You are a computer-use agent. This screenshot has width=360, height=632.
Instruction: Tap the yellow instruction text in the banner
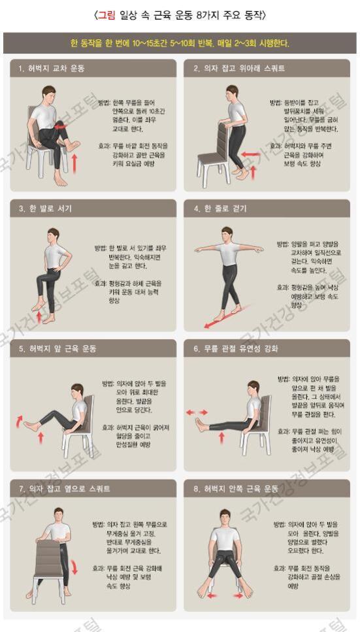180,44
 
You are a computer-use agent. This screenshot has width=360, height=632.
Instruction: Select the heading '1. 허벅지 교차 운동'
52,68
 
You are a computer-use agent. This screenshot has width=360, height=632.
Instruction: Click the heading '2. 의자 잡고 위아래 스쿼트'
235,68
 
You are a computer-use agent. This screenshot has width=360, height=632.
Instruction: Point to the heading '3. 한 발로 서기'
46,208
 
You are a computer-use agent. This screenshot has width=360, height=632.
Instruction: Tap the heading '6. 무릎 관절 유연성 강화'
236,348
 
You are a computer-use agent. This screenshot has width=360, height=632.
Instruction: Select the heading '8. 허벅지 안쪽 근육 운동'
236,488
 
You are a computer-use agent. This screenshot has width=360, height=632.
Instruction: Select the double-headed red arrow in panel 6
197,412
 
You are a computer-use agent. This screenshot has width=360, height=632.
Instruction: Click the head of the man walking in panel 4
227,233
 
